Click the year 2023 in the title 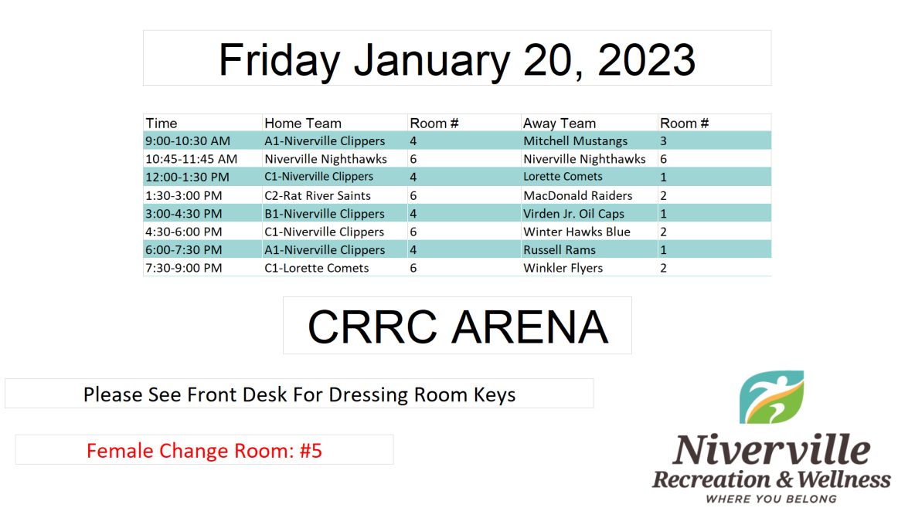pyautogui.click(x=647, y=59)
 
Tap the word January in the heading pyautogui.click(x=432, y=61)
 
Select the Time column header pyautogui.click(x=162, y=124)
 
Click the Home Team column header pyautogui.click(x=303, y=124)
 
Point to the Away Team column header pyautogui.click(x=560, y=124)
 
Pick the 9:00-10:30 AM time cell pyautogui.click(x=188, y=141)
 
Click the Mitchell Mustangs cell pyautogui.click(x=576, y=141)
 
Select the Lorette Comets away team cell pyautogui.click(x=563, y=177)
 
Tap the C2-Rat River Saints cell pyautogui.click(x=318, y=196)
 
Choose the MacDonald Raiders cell pyautogui.click(x=578, y=196)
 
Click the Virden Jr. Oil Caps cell pyautogui.click(x=573, y=214)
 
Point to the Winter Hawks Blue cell pyautogui.click(x=577, y=232)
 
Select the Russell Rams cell pyautogui.click(x=560, y=250)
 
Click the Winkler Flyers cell pyautogui.click(x=563, y=268)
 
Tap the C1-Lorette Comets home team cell pyautogui.click(x=317, y=268)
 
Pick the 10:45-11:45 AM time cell pyautogui.click(x=192, y=159)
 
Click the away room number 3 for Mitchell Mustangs pyautogui.click(x=664, y=141)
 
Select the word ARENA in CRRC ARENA pyautogui.click(x=530, y=327)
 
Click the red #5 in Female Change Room pyautogui.click(x=311, y=451)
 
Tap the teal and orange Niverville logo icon pyautogui.click(x=771, y=397)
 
